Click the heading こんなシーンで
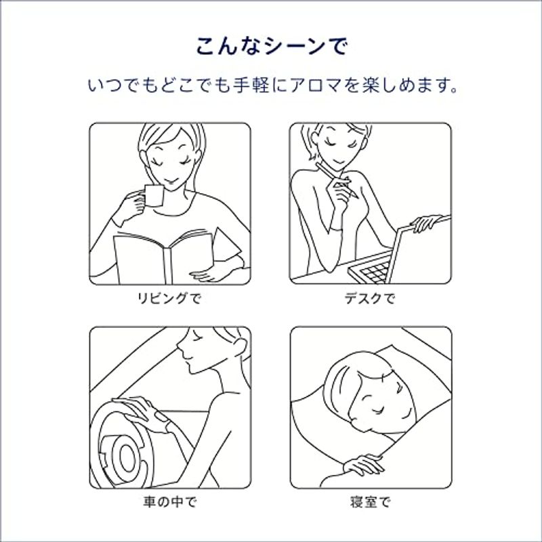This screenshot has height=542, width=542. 271,46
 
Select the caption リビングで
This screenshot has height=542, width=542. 169,298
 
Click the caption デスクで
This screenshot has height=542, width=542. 370,298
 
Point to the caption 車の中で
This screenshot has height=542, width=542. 170,501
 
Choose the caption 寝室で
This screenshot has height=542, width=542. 370,501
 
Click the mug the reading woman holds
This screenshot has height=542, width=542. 153,196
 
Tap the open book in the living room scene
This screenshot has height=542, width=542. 163,257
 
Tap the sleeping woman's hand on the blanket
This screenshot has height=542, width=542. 364,464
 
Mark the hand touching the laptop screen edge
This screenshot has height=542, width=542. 426,223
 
